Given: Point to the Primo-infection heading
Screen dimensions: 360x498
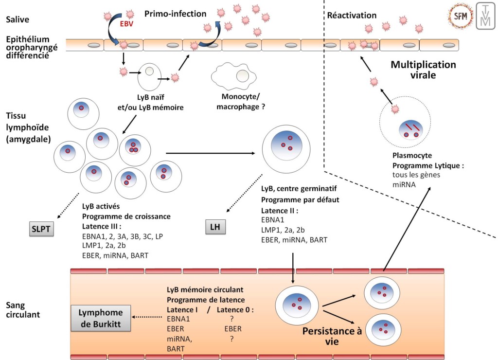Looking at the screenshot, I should [176, 14].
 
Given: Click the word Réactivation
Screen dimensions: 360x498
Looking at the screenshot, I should [352, 15].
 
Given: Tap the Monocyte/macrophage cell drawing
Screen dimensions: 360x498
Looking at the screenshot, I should [233, 76].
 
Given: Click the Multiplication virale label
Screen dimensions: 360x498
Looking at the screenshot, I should [424, 70].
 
